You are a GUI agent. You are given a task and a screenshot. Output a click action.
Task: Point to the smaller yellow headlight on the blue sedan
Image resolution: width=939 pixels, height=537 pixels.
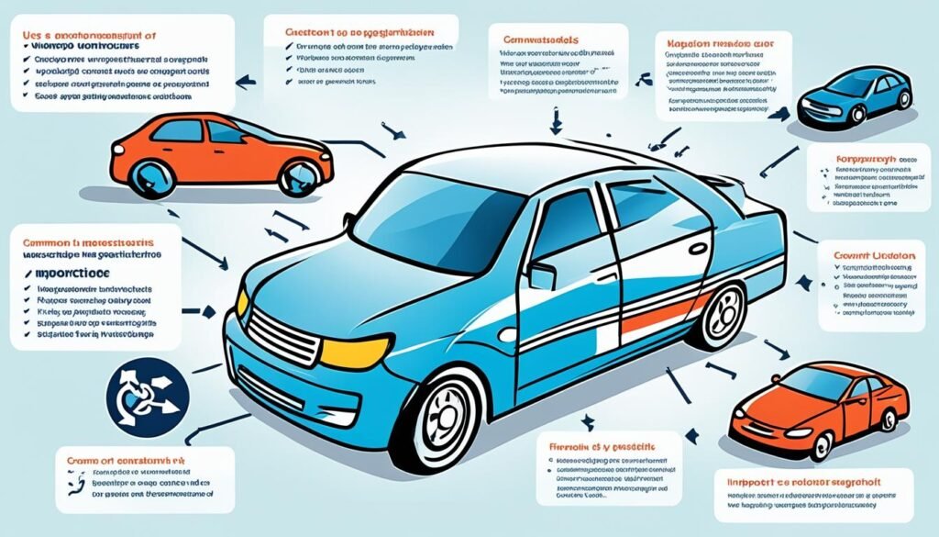(242, 303)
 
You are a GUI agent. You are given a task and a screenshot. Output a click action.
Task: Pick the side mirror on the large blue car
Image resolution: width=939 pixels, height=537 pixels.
(541, 275)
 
